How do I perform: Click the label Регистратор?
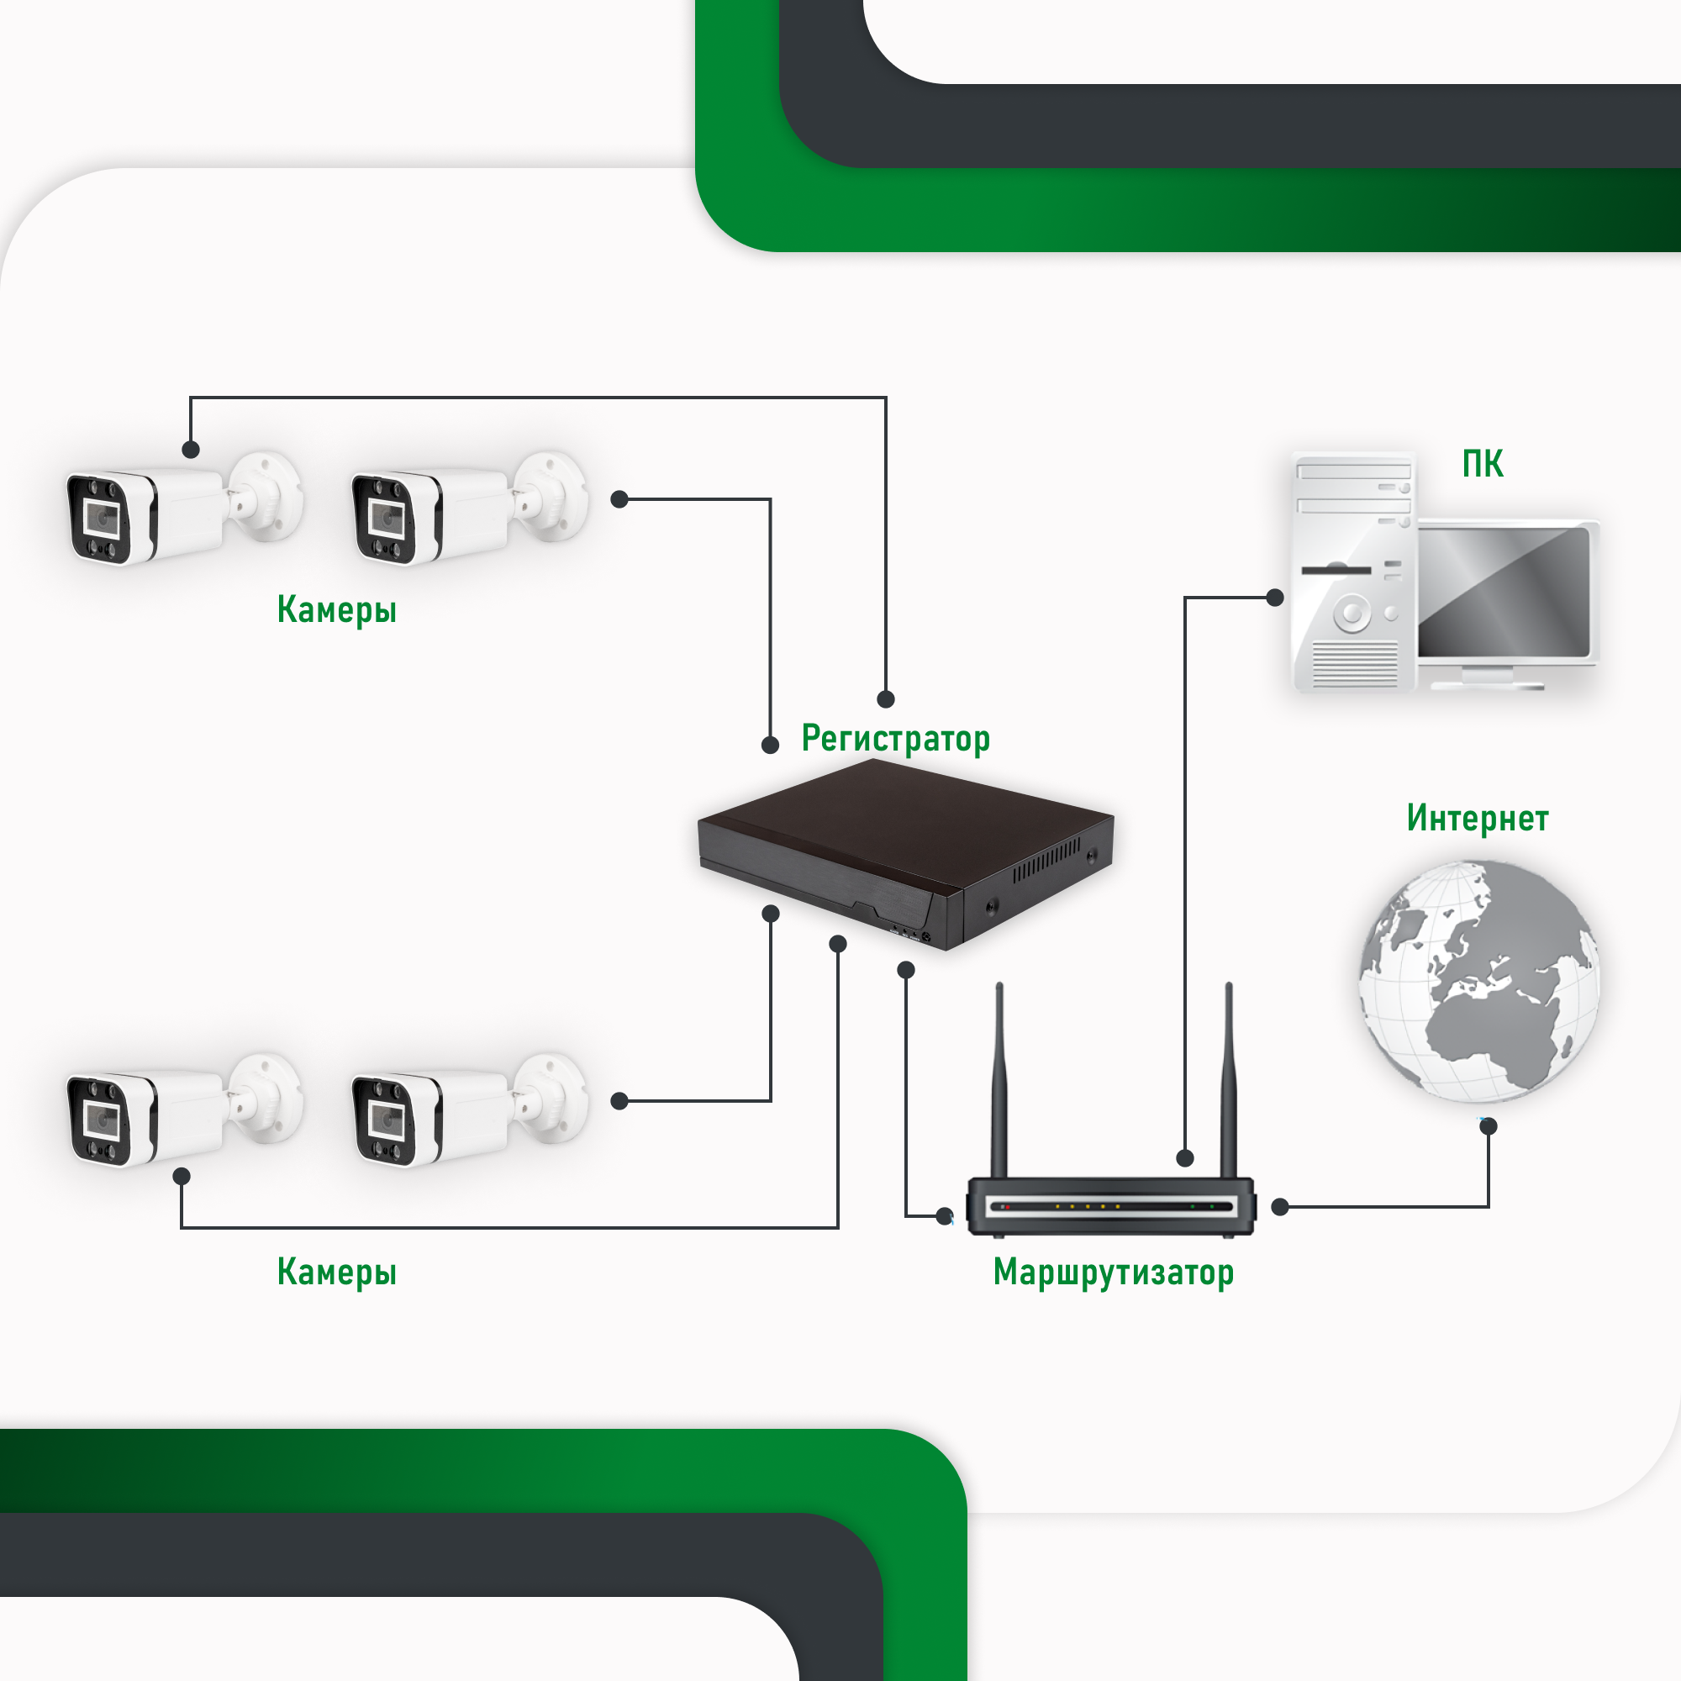[895, 739]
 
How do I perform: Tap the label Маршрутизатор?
[1113, 1272]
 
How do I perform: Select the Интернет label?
[1478, 818]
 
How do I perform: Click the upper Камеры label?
[337, 609]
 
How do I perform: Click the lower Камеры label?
[337, 1271]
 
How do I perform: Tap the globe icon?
[1479, 982]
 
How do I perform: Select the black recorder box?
[905, 852]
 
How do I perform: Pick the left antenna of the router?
[999, 1079]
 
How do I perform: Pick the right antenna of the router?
[1229, 1079]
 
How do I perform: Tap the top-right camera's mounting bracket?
[550, 496]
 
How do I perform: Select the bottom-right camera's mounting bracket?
[550, 1098]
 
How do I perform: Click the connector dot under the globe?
[1489, 1126]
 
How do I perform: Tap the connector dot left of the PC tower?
[1275, 598]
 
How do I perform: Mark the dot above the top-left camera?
[192, 450]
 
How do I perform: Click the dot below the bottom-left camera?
[182, 1177]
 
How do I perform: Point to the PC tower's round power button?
[1352, 614]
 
